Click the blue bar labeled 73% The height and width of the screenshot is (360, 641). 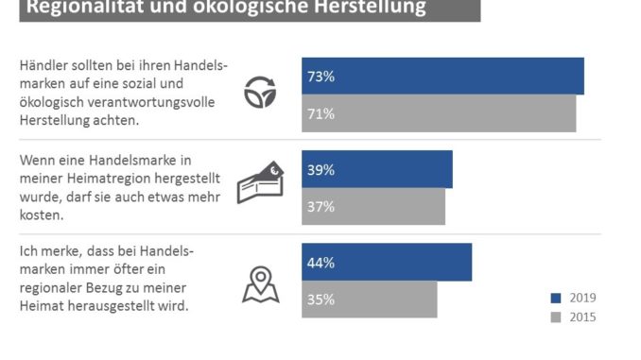[442, 77]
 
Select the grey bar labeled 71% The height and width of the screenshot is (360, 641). [439, 113]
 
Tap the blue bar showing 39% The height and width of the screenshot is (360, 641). [376, 170]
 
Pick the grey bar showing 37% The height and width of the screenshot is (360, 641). [372, 207]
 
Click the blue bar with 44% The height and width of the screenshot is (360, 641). [386, 263]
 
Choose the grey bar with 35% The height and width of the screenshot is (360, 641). [369, 300]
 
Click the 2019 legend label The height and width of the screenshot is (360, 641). [582, 299]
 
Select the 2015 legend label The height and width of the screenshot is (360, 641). [582, 317]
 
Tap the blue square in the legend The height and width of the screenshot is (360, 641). [555, 299]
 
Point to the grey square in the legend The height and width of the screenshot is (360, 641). [555, 317]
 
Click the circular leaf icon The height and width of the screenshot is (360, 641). [260, 94]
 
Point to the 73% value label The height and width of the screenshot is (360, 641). [320, 77]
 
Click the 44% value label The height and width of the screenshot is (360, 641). [320, 263]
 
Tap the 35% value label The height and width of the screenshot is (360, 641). [320, 300]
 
